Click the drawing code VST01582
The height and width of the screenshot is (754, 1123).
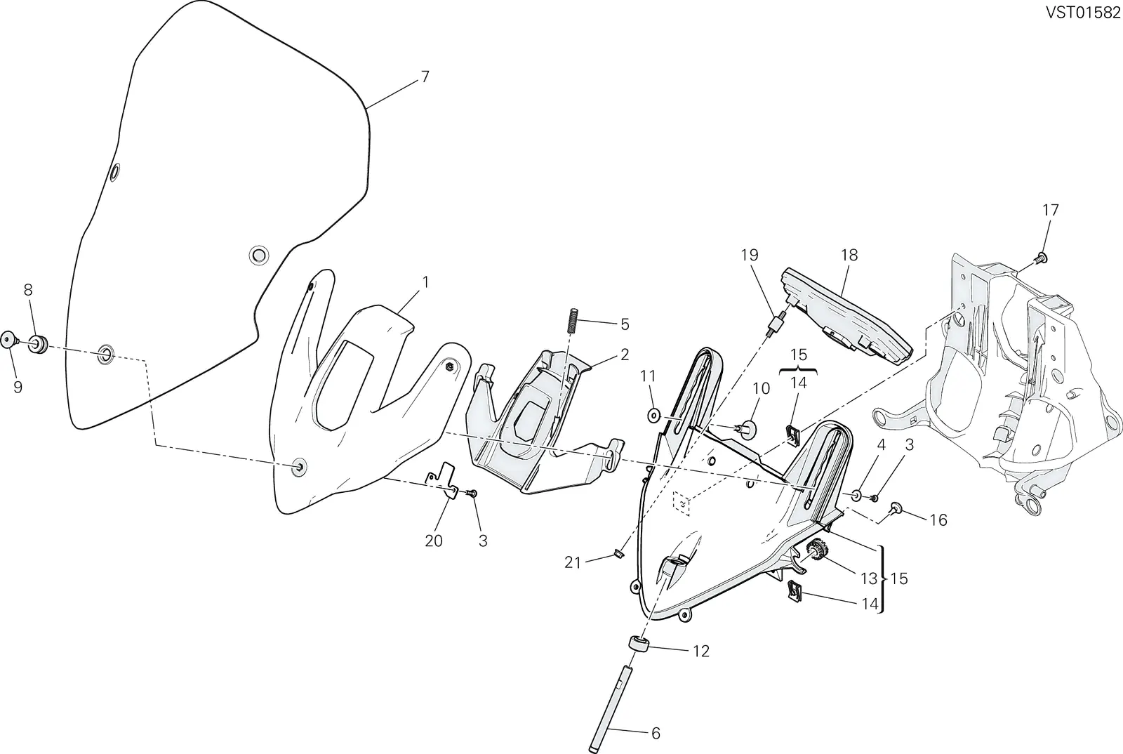point(1082,13)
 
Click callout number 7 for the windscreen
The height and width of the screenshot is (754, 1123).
point(425,77)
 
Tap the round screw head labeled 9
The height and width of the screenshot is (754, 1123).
point(8,339)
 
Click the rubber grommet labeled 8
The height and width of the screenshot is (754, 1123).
point(38,343)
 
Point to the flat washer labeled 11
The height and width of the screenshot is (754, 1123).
point(653,415)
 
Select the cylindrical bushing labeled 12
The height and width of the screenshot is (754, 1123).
point(639,643)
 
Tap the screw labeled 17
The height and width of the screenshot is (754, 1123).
point(1040,259)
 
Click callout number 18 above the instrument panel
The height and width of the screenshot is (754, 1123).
point(849,255)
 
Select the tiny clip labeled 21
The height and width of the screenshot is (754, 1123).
point(618,553)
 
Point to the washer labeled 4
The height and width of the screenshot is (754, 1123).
point(856,496)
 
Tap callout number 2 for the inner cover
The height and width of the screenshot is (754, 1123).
point(625,355)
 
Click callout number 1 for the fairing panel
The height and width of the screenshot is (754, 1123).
point(425,282)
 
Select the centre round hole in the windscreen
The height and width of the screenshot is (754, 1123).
point(259,255)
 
